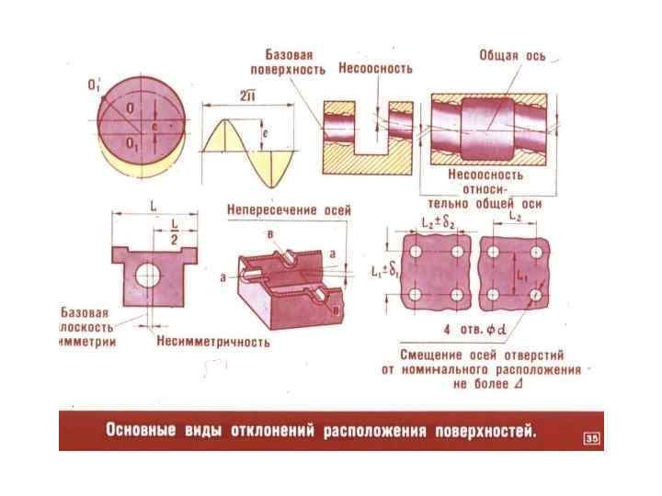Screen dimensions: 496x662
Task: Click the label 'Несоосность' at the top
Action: (375, 69)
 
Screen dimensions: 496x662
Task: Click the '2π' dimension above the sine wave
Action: (246, 96)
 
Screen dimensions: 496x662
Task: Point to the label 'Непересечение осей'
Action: (289, 210)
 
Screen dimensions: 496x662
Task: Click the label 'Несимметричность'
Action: (213, 342)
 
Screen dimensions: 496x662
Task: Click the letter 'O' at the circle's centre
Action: (131, 107)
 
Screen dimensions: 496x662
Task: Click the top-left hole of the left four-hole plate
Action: (417, 251)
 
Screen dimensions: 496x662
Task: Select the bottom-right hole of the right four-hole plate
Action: (534, 294)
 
